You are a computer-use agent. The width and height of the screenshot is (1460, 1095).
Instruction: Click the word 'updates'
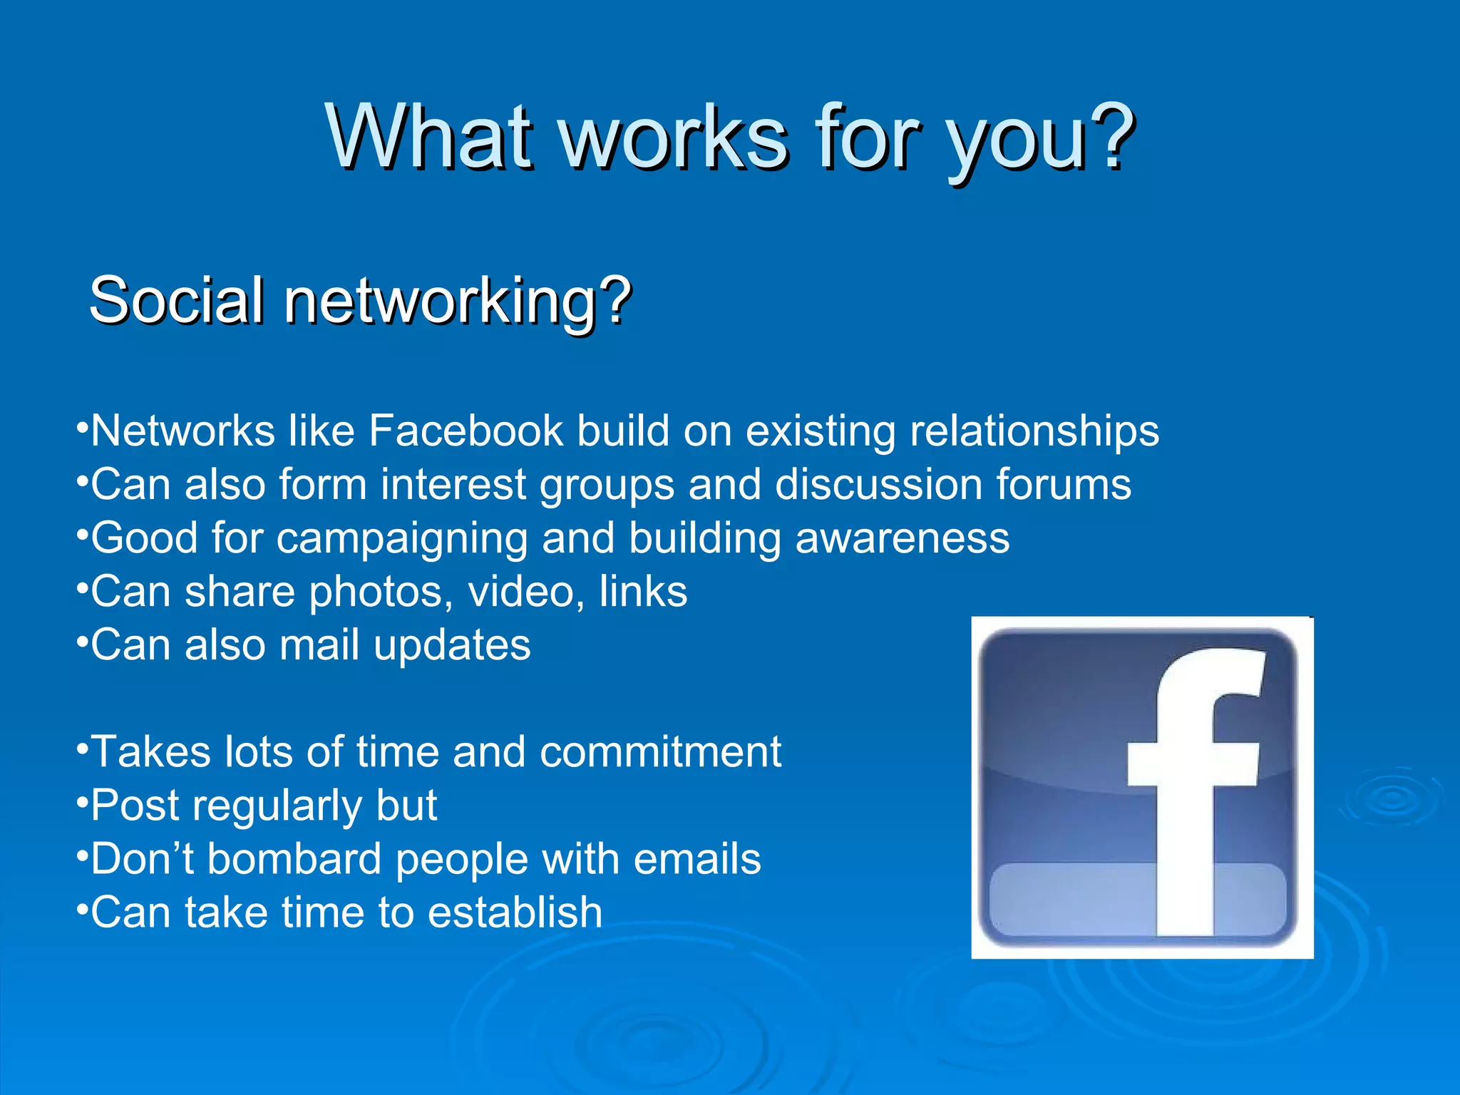coord(452,646)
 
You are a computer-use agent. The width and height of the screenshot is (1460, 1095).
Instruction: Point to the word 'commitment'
coord(660,752)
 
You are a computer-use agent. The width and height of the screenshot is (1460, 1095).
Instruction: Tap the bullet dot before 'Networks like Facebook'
coord(83,428)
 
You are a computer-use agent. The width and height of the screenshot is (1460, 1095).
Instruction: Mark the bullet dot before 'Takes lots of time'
coord(83,749)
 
